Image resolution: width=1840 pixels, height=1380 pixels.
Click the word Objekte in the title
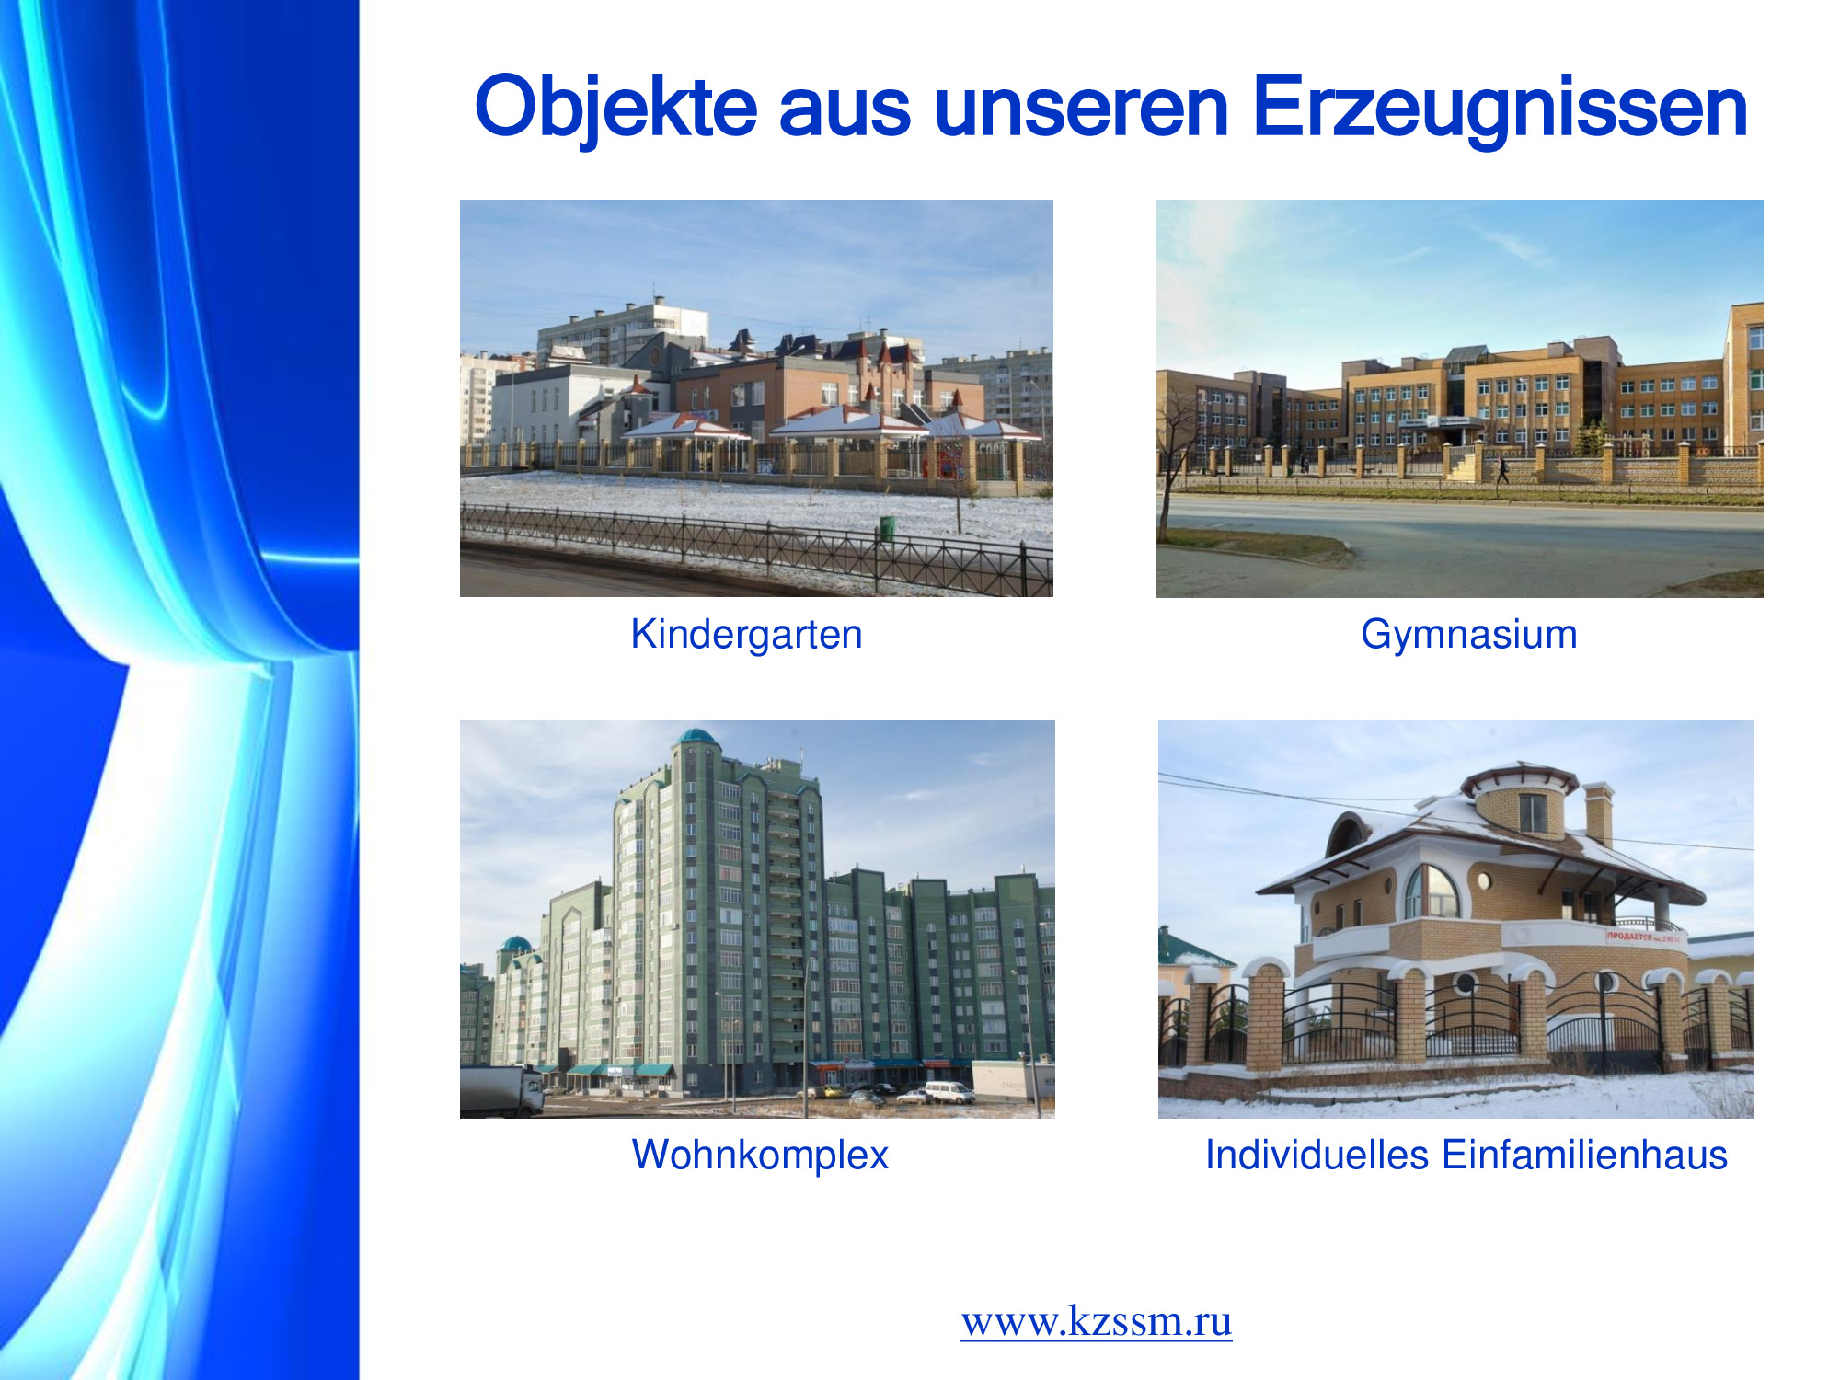click(615, 108)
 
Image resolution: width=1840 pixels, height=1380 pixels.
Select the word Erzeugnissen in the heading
click(1500, 108)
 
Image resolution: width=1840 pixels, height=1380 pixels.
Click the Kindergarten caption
click(746, 634)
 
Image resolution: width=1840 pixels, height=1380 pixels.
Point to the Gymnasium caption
click(1469, 634)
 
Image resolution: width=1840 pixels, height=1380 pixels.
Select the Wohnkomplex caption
click(760, 1155)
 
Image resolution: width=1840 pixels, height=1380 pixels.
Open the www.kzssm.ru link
click(1097, 1321)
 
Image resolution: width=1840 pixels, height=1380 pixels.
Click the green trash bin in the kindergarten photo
click(887, 528)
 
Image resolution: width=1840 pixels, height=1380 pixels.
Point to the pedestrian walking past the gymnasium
click(1502, 468)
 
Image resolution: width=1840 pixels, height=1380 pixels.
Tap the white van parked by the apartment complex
click(949, 1091)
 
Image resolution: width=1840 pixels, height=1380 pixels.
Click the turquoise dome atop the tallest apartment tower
click(697, 737)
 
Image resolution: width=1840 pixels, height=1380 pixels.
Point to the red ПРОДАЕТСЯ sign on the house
click(1645, 937)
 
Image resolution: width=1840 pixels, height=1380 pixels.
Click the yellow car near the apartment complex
click(832, 1092)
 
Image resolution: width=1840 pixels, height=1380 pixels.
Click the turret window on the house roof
click(1532, 812)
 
